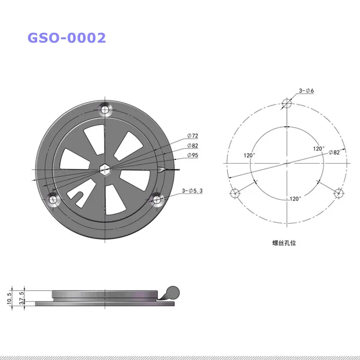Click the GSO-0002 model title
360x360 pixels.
click(67, 38)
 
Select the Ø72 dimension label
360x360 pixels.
click(193, 136)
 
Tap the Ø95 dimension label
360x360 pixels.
click(193, 155)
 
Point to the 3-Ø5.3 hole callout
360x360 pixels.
click(192, 190)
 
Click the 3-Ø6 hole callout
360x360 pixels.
click(306, 90)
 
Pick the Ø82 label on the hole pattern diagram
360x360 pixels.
click(334, 152)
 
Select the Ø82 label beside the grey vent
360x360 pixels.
click(193, 145)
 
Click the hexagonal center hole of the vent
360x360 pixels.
click(105, 170)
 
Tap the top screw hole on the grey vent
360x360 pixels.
click(105, 109)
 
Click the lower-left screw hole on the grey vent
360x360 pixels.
click(53, 199)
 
